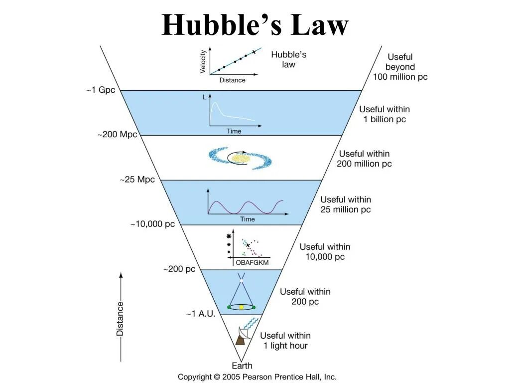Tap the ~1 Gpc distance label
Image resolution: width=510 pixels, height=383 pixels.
coord(100,90)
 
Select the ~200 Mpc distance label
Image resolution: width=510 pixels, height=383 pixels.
coord(117,135)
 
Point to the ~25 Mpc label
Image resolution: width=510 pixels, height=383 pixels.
coord(137,180)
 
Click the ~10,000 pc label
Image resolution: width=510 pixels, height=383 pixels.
coord(153,224)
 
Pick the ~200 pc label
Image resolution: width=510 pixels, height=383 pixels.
coord(179,269)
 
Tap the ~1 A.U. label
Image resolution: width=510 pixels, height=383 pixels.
coord(201,314)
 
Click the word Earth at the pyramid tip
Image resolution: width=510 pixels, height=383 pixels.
coord(242,366)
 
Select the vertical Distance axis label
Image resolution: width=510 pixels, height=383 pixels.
coord(120,318)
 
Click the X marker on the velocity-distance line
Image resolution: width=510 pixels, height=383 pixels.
coord(254,52)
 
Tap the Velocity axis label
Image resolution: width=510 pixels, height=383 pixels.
coord(203,62)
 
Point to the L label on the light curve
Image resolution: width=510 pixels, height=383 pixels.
coord(205,98)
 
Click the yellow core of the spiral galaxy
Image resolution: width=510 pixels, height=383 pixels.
coord(240,158)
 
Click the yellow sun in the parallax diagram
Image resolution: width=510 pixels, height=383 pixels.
coord(242,307)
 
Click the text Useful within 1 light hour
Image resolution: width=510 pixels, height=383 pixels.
coord(285,341)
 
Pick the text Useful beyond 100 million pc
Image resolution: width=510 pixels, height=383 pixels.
coord(400,67)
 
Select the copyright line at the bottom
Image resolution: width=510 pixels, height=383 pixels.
coord(257,377)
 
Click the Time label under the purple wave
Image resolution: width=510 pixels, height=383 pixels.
coord(248,219)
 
